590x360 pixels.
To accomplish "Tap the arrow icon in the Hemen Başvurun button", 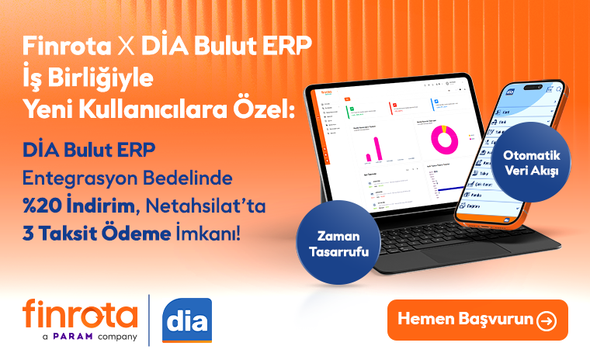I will click(547, 320).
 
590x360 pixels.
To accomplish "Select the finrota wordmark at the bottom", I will click(80, 314).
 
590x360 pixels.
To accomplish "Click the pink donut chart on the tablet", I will click(445, 141).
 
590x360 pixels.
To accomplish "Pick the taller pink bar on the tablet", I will click(380, 149).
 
